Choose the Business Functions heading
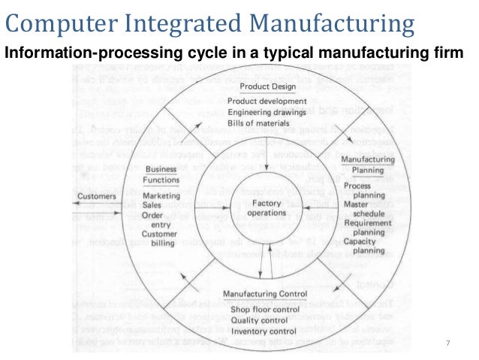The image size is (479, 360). tap(161, 174)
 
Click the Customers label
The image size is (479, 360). tap(97, 197)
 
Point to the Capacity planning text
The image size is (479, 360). tap(363, 246)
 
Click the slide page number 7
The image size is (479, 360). tap(447, 343)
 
